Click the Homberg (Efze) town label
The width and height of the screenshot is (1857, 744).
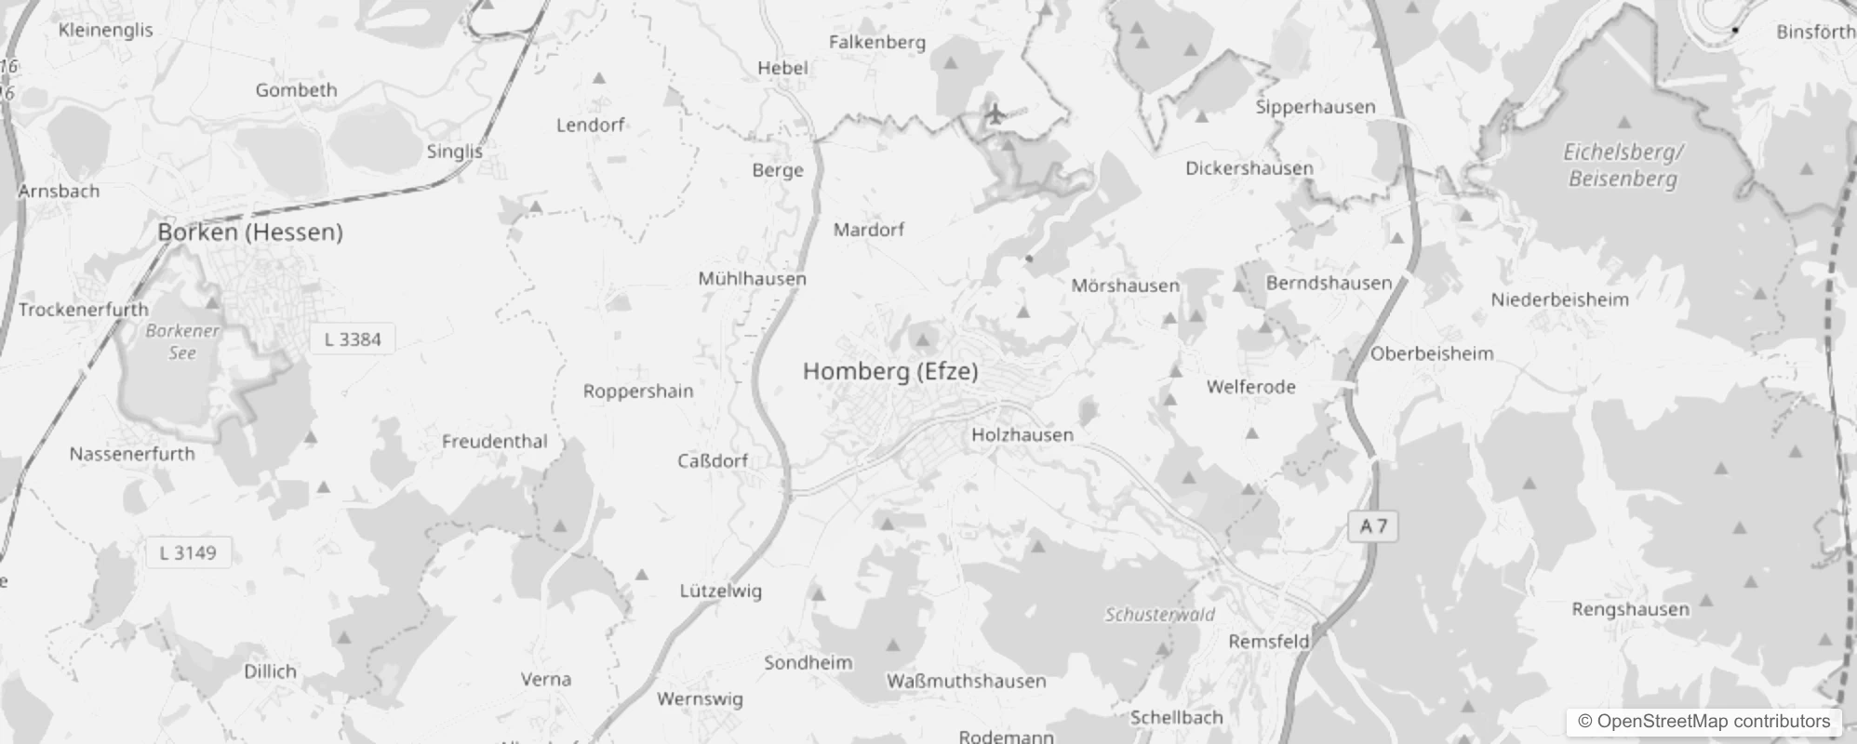[890, 371]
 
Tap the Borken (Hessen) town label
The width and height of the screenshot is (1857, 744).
[250, 232]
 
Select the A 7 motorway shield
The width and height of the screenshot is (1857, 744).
[1373, 526]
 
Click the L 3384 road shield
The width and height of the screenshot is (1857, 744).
[353, 339]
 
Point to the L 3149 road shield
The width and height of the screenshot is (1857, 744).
[188, 553]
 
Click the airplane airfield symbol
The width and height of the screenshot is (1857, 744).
[995, 115]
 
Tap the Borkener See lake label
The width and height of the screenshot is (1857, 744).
[182, 341]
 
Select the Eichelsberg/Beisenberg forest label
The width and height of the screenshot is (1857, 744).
[1623, 166]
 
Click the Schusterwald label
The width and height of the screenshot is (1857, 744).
[1159, 615]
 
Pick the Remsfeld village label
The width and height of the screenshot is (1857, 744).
[1269, 642]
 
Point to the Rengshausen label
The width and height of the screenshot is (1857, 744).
[1630, 610]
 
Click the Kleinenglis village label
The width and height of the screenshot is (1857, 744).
[105, 30]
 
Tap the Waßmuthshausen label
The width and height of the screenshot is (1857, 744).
[966, 682]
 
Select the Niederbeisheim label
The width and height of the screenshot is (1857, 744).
[1559, 299]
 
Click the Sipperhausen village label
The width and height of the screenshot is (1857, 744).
[1315, 107]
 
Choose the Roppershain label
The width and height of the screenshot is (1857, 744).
[638, 392]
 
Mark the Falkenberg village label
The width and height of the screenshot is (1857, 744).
[877, 42]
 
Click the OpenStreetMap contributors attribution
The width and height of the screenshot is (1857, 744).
[1703, 722]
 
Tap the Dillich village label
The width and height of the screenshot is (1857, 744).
[270, 671]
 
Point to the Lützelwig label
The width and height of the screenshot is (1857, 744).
[720, 591]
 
